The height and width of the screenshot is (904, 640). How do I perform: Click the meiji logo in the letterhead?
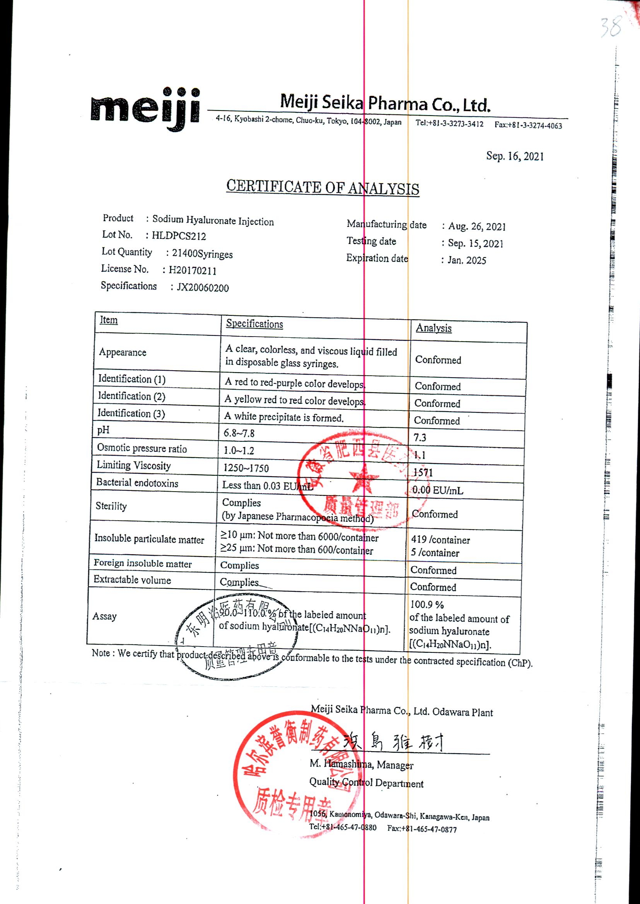pos(145,108)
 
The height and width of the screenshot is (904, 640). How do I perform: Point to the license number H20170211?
pos(192,271)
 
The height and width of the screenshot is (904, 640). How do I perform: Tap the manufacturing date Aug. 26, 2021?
pos(477,226)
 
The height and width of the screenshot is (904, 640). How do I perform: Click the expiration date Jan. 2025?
pos(467,260)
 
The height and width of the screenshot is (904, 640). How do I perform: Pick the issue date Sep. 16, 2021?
pos(515,157)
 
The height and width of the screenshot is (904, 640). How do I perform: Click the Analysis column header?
pos(433,328)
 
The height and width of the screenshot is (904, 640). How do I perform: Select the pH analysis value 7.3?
pos(420,438)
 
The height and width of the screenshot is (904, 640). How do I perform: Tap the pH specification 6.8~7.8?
pos(239,433)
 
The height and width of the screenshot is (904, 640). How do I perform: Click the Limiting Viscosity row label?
pos(134,466)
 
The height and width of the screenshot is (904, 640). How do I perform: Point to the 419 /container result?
pos(440,540)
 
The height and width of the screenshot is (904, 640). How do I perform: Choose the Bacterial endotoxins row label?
pos(137,483)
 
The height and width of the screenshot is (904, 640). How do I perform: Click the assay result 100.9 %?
pos(427,604)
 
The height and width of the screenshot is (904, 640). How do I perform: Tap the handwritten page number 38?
pos(611,27)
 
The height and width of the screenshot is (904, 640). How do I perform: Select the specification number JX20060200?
pos(203,288)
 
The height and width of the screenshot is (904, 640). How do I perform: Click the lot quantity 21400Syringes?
pos(202,254)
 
